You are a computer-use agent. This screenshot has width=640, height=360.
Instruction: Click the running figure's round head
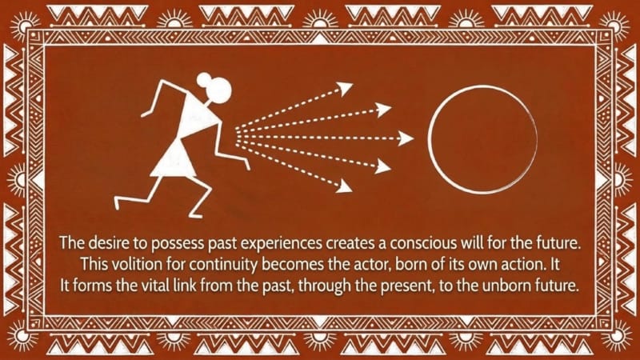219,90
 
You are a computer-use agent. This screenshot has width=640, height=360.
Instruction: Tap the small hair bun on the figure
204,79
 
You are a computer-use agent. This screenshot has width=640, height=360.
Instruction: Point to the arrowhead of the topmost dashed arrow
345,88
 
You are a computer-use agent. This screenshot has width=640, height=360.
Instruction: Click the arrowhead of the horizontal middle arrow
406,138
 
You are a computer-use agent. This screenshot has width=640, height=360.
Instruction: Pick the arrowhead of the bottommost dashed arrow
344,186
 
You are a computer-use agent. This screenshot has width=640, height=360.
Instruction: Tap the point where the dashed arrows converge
236,134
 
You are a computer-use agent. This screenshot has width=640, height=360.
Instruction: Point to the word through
324,286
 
